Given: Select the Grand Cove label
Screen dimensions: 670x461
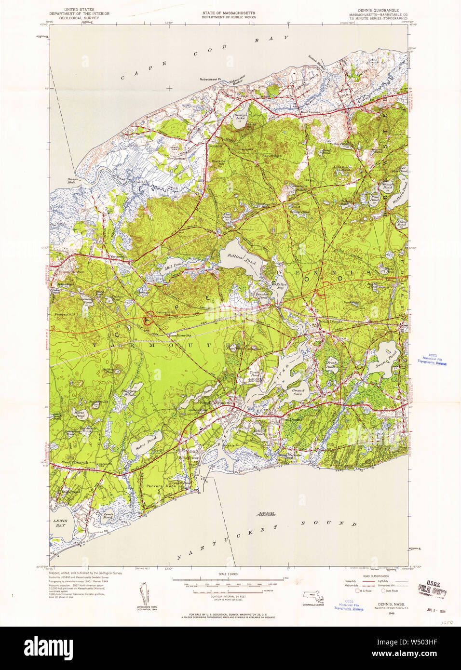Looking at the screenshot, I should (298, 391).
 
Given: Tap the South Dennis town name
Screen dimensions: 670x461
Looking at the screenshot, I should (330, 321).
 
